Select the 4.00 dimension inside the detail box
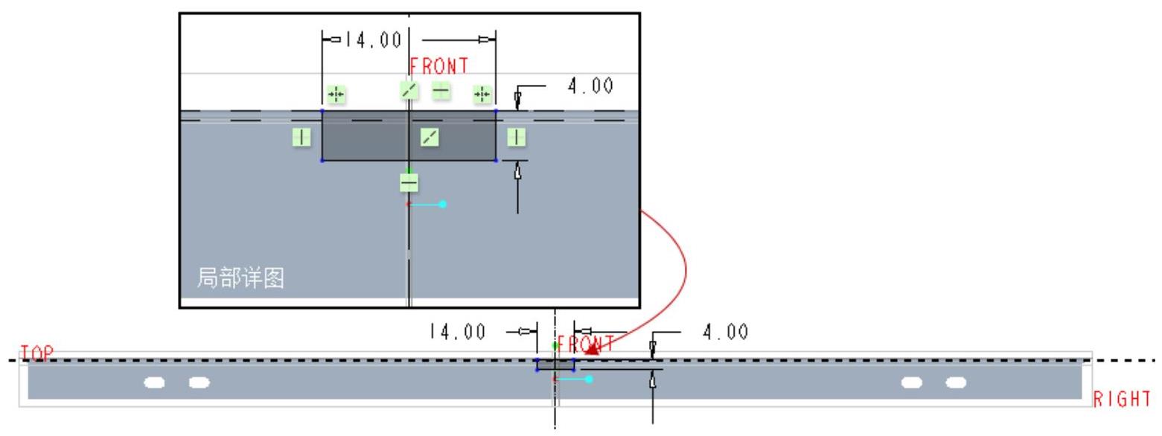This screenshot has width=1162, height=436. tap(590, 87)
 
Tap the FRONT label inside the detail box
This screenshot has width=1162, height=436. tap(440, 65)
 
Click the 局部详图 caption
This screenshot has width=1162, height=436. tap(240, 280)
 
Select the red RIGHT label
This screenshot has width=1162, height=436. tap(1122, 398)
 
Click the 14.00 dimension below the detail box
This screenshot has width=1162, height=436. tap(457, 331)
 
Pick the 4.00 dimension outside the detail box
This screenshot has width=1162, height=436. tap(725, 331)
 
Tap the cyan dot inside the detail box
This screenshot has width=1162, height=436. tap(442, 204)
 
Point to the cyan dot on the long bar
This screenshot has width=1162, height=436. tap(589, 379)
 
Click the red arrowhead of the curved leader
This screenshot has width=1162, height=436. tap(593, 348)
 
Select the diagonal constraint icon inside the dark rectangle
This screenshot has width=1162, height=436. tap(430, 136)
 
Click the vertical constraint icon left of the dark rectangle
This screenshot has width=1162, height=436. tap(301, 136)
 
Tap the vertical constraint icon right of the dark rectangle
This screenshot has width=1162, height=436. tap(516, 136)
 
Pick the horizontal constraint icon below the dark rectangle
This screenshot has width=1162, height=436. tap(409, 182)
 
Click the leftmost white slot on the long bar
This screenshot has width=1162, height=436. tap(154, 382)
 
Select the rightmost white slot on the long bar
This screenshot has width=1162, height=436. tap(955, 382)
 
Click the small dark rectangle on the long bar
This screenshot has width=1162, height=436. tap(555, 365)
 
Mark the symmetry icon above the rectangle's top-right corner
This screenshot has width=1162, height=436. tap(482, 94)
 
